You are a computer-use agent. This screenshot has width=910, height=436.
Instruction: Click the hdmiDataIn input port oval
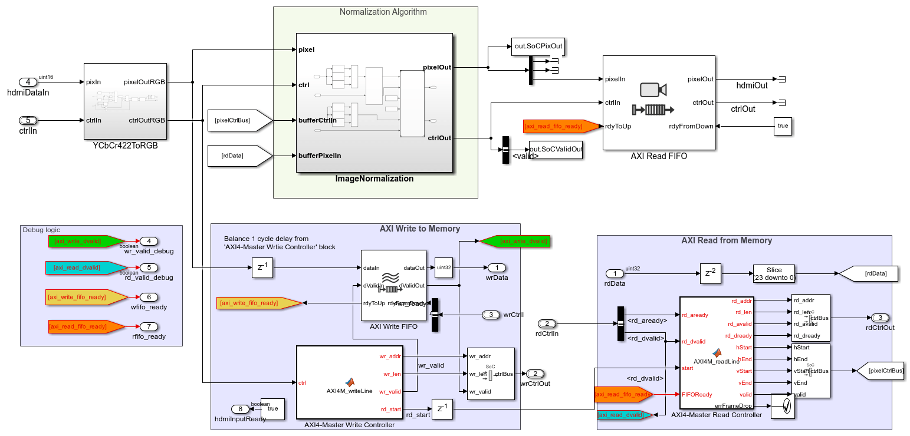(28, 82)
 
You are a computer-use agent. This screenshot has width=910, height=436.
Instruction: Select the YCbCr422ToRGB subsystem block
(124, 101)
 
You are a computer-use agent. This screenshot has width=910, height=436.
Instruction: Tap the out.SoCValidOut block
(556, 149)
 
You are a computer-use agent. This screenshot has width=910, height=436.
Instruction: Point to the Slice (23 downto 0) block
(774, 273)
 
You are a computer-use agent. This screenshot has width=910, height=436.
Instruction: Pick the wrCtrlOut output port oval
(534, 374)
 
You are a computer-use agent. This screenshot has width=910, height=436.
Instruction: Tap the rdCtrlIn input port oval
(547, 323)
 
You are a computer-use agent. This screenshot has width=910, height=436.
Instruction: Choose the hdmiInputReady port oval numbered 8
(239, 408)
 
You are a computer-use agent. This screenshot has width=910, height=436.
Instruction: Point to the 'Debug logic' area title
(41, 230)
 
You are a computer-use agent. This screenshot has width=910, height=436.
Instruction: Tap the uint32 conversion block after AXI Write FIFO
(443, 267)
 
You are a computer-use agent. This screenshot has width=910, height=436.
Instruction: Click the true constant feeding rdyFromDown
(782, 126)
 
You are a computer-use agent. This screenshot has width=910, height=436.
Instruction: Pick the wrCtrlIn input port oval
(491, 315)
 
